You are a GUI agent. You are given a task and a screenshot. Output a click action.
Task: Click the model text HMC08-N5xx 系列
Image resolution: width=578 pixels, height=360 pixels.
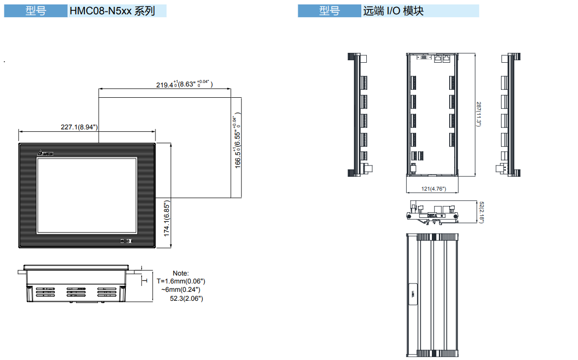pyautogui.click(x=112, y=11)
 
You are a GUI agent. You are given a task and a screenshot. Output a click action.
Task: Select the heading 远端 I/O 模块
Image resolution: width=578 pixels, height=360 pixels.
pyautogui.click(x=393, y=11)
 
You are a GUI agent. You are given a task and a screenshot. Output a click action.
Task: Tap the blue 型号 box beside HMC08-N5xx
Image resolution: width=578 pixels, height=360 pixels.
pyautogui.click(x=36, y=11)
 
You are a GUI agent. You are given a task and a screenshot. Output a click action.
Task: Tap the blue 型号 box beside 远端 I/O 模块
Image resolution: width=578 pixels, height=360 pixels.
pyautogui.click(x=329, y=11)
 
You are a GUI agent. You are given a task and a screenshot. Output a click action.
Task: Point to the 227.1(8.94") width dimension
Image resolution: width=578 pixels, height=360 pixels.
pyautogui.click(x=79, y=127)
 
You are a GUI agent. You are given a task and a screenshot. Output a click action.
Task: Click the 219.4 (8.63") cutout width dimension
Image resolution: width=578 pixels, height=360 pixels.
pyautogui.click(x=184, y=84)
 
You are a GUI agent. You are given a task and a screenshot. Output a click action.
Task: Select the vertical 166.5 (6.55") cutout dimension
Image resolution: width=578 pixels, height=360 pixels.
pyautogui.click(x=237, y=143)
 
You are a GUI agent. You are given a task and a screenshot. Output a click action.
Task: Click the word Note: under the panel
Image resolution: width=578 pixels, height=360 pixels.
pyautogui.click(x=181, y=273)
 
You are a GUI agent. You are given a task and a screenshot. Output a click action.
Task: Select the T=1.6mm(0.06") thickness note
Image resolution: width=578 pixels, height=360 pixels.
pyautogui.click(x=180, y=281)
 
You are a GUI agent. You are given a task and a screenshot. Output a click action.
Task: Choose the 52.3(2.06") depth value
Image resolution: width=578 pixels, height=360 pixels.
pyautogui.click(x=186, y=298)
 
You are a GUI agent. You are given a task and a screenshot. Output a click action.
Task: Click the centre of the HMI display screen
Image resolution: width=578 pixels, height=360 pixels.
pyautogui.click(x=86, y=195)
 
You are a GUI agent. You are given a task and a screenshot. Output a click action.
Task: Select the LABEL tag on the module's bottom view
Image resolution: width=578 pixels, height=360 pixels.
pyautogui.click(x=413, y=295)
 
